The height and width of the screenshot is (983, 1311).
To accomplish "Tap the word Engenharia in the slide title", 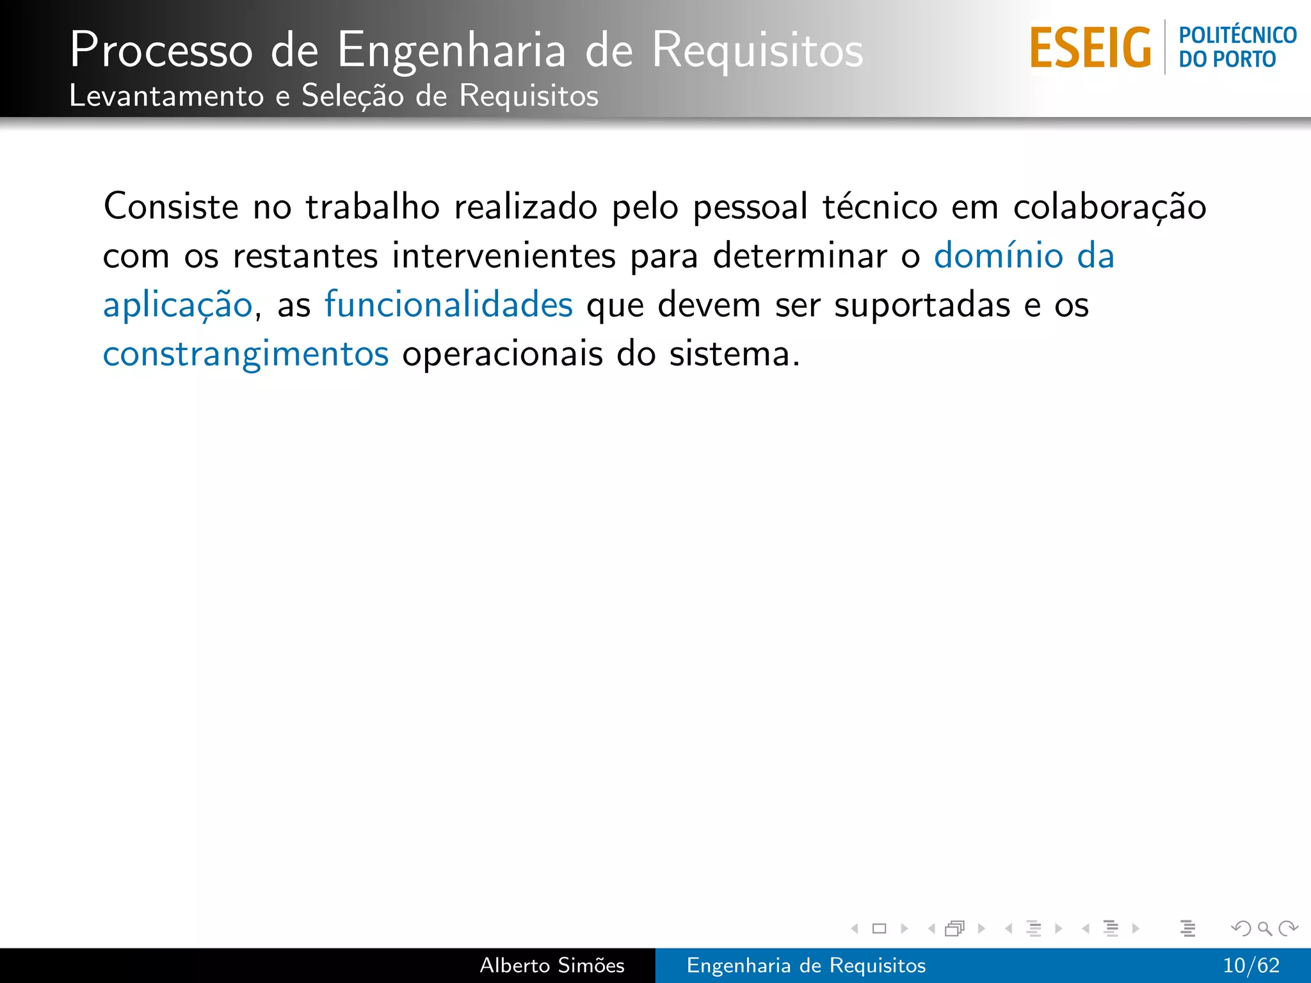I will tap(451, 50).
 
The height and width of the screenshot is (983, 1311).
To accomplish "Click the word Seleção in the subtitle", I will tap(353, 96).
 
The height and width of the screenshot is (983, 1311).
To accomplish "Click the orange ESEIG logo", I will tap(1091, 48).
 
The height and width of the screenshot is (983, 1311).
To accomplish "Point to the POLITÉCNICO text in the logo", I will tap(1237, 35).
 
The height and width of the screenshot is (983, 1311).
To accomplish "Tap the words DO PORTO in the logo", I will tap(1227, 60).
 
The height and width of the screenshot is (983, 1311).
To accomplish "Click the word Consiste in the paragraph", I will tap(171, 207).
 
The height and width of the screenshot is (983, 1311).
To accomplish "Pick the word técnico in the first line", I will tap(880, 207).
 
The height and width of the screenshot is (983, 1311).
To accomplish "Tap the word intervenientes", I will tap(504, 256).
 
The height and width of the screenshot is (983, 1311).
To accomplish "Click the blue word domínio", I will tap(998, 256).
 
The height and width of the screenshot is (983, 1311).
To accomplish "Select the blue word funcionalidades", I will tap(449, 305).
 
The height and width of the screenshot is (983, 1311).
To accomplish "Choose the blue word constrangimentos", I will tap(246, 355).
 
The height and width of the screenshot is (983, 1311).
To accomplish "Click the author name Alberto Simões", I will tap(552, 965).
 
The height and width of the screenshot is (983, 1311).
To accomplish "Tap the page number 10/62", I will tap(1251, 965).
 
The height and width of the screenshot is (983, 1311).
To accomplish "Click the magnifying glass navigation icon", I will tap(1264, 928).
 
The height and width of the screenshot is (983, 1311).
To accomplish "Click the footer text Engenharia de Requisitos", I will tap(806, 965).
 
